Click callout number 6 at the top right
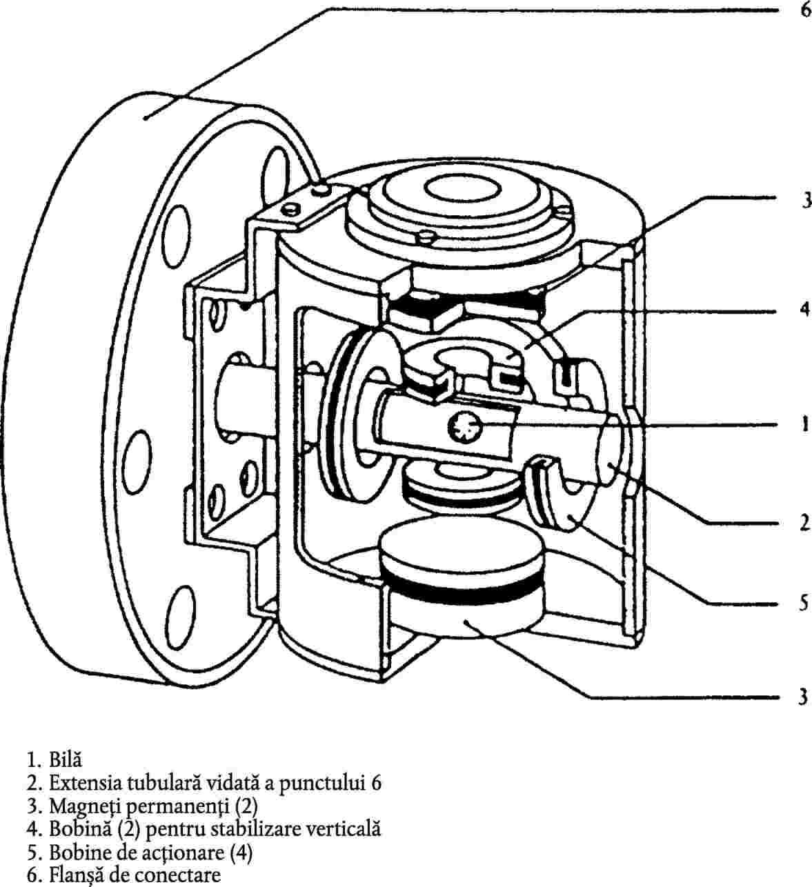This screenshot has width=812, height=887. click(806, 10)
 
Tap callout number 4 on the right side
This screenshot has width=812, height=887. click(805, 309)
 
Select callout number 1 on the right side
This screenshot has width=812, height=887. click(806, 424)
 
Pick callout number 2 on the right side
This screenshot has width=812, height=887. click(805, 523)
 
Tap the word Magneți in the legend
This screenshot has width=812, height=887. click(84, 807)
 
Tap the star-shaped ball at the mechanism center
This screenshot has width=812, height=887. click(464, 427)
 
